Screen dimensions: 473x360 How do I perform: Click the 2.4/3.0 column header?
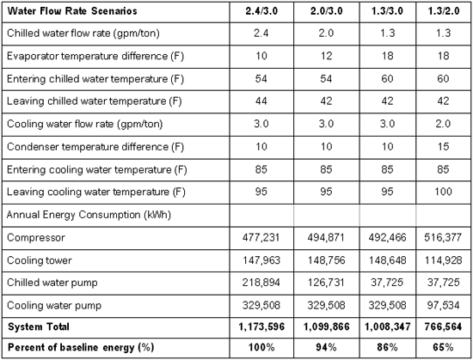(x=261, y=11)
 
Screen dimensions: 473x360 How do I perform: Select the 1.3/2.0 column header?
(x=444, y=11)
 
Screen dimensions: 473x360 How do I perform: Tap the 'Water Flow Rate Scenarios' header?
(x=72, y=11)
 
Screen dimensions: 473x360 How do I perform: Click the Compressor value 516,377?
(x=443, y=237)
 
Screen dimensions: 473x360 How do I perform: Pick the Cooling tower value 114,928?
(x=443, y=260)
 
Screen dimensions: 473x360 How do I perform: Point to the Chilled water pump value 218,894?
(x=261, y=283)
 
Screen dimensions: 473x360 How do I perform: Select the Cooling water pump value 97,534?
(x=443, y=306)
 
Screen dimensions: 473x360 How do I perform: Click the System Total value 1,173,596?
(x=261, y=326)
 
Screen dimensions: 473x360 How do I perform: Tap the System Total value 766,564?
(x=443, y=326)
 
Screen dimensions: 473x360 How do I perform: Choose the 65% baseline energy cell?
(x=443, y=347)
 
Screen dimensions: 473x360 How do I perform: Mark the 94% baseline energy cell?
(x=326, y=347)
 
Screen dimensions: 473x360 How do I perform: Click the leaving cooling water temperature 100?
(x=443, y=192)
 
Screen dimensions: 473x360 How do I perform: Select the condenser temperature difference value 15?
(x=443, y=147)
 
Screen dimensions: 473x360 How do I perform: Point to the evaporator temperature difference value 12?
(x=326, y=56)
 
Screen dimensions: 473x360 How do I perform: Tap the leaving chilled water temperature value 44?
(x=261, y=101)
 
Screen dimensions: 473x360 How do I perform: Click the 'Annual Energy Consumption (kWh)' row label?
(x=89, y=215)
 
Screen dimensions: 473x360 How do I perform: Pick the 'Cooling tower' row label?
(x=40, y=260)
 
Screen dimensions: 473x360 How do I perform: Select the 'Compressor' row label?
(x=36, y=238)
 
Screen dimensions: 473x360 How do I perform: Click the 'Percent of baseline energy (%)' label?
(x=81, y=347)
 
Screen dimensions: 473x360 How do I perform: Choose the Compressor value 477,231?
(x=261, y=237)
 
